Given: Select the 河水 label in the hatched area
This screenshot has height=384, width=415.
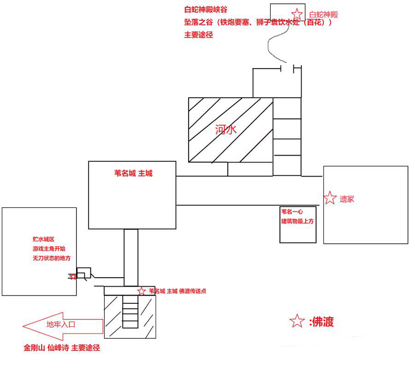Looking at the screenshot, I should click(225, 130).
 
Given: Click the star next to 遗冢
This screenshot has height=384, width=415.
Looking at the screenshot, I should click(330, 198).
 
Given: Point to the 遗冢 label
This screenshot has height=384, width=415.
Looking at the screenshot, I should click(347, 200).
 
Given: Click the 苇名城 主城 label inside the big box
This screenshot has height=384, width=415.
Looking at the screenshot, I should click(133, 174).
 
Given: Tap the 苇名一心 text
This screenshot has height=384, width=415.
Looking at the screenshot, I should click(293, 212).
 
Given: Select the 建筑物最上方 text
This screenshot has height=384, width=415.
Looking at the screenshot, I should click(297, 221).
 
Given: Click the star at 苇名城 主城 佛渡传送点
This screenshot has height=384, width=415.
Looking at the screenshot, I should click(141, 291).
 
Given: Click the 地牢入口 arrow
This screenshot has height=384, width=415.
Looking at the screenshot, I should click(62, 325).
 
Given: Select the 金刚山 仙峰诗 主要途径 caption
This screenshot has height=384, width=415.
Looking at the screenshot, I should click(62, 348).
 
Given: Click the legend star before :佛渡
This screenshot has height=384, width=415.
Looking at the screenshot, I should click(296, 321).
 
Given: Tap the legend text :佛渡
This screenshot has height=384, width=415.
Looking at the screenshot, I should click(321, 322).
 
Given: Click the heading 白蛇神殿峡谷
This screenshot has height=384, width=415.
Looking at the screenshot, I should click(206, 9).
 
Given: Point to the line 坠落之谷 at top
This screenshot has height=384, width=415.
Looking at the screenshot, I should click(257, 22).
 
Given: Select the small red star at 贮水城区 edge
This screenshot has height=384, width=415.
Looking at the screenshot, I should click(72, 277).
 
